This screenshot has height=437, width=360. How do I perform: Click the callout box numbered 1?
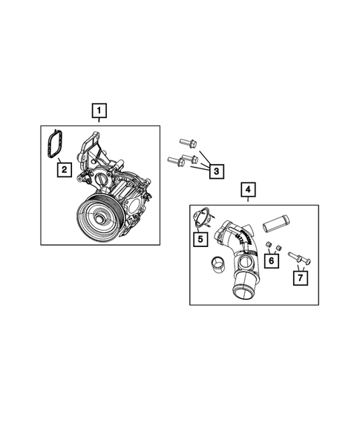pos(99,112)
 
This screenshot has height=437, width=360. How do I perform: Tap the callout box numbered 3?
pos(216,172)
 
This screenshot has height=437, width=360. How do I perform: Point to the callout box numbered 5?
pos(199,239)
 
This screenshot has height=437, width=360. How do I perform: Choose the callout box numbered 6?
pos(273,260)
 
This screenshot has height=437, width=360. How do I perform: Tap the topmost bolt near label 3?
pos(186,142)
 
